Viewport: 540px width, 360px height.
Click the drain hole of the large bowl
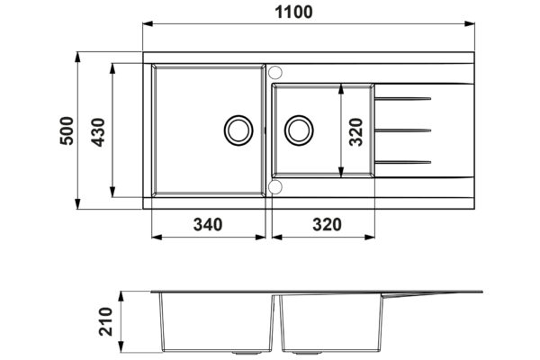click(239, 130)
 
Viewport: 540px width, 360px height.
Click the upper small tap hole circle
click(275, 73)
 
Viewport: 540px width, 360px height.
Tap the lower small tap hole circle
click(275, 187)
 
